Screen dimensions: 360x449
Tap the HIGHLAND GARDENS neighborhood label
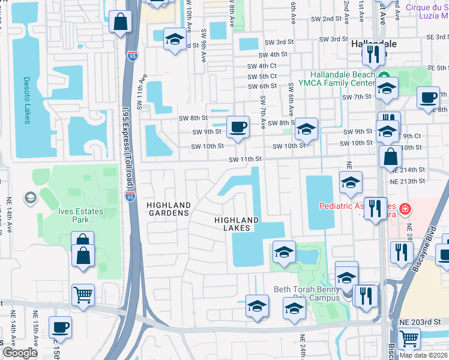[168, 209]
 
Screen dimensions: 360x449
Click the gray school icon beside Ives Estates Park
[29, 197]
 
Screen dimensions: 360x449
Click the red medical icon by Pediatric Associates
[406, 209]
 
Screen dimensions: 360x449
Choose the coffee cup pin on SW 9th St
[238, 127]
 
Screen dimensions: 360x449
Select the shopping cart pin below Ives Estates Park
[83, 295]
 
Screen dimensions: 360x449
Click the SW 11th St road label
[246, 159]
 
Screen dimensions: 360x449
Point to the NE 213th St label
[407, 181]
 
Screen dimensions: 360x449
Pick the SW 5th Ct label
[264, 76]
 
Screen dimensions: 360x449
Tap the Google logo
[20, 353]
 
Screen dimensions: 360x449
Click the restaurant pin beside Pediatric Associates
[375, 209]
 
